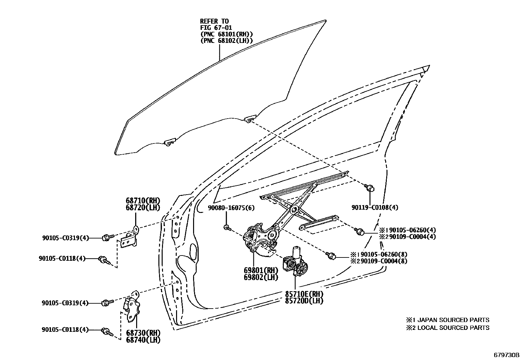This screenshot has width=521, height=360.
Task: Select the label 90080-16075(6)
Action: tap(231, 208)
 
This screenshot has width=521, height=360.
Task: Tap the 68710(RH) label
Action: tap(143, 200)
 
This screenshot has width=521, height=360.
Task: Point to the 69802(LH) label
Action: tap(260, 277)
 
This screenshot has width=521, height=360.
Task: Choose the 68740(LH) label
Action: tap(143, 340)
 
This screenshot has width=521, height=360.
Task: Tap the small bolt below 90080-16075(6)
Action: tap(226, 227)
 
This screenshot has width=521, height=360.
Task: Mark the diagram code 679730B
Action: tap(506, 355)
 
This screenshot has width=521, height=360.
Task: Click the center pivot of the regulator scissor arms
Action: tap(294, 210)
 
